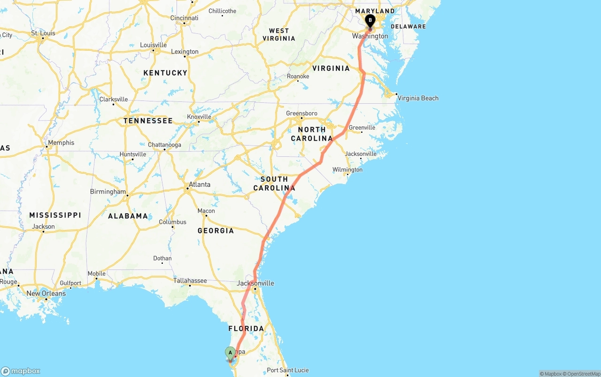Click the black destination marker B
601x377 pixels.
pos(370,21)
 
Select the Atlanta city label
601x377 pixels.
pos(200,185)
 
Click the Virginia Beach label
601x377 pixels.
pos(418,98)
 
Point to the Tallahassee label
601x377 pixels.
pos(190,281)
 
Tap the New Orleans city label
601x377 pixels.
pos(46,293)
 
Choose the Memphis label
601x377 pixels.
pos(61,143)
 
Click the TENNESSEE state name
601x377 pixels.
pos(148,121)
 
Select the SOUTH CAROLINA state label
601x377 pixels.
pos(274,184)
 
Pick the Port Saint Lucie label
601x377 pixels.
pos(288,370)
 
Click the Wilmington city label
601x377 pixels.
pos(347,169)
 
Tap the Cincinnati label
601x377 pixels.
pos(184,18)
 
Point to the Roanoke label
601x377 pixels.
pos(298,76)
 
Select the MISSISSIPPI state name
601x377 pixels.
pos(55,215)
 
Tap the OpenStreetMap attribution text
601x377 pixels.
pos(583,374)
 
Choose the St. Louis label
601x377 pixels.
pos(43,33)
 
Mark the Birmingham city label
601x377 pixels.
pos(108,192)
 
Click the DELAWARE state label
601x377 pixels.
pos(408,26)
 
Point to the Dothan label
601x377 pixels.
pos(162,258)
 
